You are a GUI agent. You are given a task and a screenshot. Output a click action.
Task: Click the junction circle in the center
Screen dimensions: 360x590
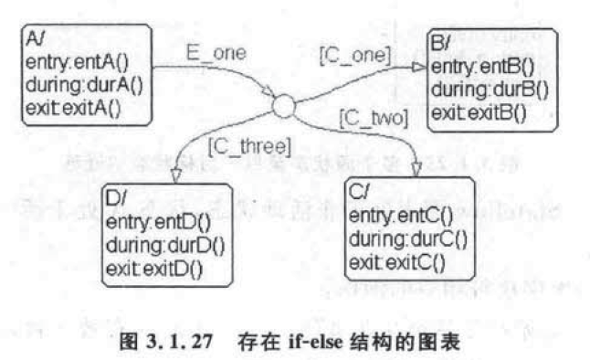[x=283, y=108]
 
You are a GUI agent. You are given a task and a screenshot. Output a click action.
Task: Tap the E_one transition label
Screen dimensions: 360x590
[x=216, y=54]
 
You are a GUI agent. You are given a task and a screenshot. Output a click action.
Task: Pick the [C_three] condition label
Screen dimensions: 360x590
[x=249, y=143]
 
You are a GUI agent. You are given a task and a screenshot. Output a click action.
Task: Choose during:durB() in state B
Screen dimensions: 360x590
[x=489, y=90]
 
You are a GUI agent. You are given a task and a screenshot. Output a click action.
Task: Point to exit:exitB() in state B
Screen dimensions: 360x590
[x=479, y=113]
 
